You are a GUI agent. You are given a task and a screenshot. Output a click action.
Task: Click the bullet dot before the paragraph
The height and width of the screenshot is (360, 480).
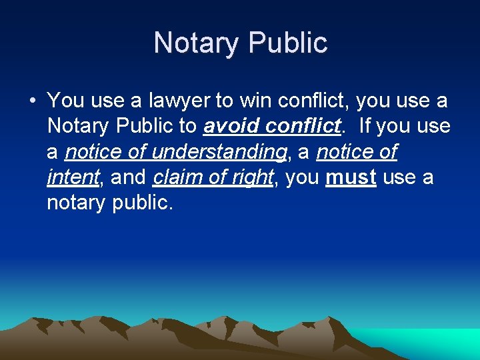[31, 101]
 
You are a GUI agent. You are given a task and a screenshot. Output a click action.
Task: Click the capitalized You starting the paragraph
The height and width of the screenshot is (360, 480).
[65, 101]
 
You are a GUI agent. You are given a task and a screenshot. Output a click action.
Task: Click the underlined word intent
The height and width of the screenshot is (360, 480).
[72, 177]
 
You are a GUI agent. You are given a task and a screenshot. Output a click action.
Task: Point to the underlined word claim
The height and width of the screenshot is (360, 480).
[175, 177]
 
